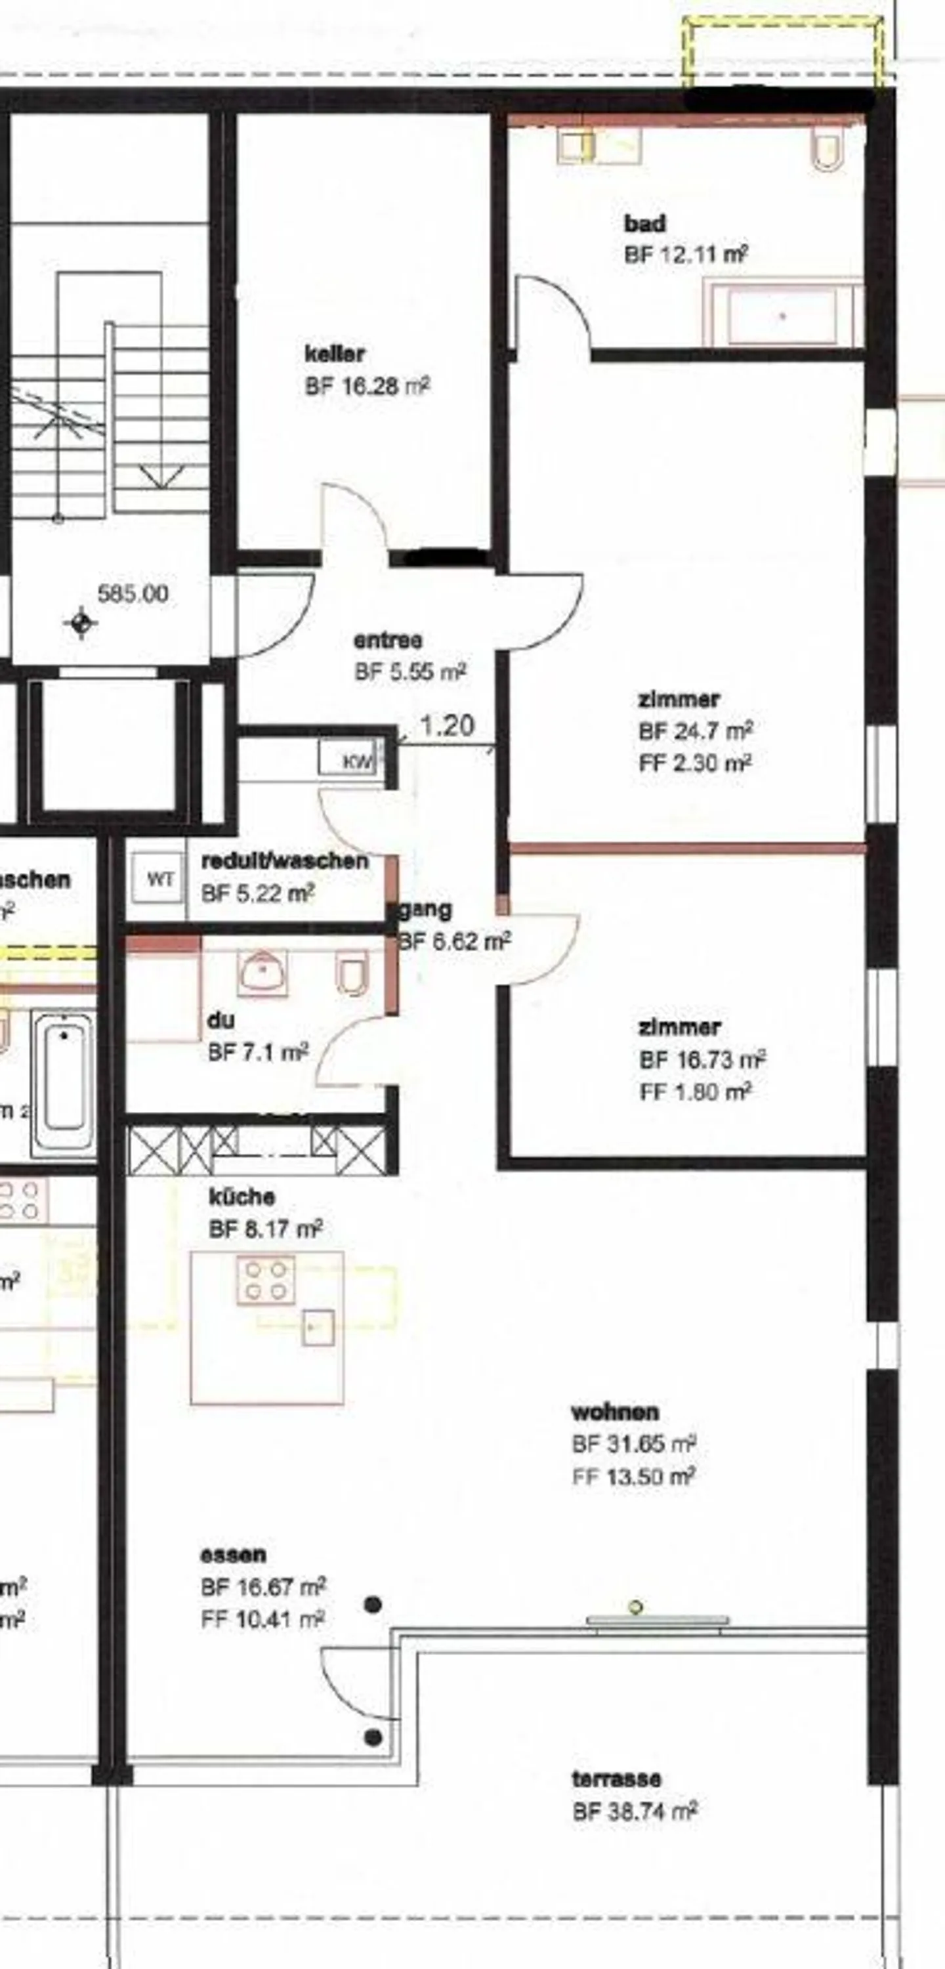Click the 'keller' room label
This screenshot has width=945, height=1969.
334,354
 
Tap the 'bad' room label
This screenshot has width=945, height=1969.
644,224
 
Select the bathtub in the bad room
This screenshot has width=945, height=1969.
782,315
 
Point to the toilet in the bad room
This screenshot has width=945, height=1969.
826,150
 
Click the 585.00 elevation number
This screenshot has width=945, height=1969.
133,594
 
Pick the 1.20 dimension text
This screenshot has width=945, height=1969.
448,725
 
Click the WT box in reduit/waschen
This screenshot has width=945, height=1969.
159,879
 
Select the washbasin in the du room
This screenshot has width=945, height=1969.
262,973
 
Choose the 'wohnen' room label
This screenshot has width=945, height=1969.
615,1412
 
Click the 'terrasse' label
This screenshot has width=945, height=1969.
616,1779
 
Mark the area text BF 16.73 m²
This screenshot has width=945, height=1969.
703,1059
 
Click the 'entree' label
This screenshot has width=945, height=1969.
388,640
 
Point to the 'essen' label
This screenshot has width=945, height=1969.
233,1555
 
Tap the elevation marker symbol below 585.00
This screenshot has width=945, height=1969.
81,622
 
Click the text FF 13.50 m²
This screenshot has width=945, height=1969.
633,1477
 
